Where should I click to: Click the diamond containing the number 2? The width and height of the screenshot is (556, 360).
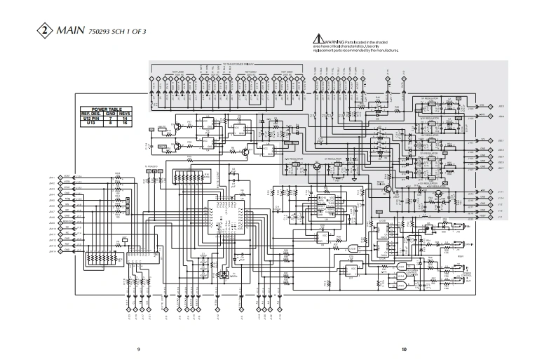click(x=45, y=31)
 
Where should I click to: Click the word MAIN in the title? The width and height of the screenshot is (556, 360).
click(x=69, y=31)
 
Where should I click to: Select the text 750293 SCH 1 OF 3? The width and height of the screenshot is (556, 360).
click(x=117, y=32)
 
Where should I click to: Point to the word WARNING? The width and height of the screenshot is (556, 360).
click(x=332, y=43)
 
